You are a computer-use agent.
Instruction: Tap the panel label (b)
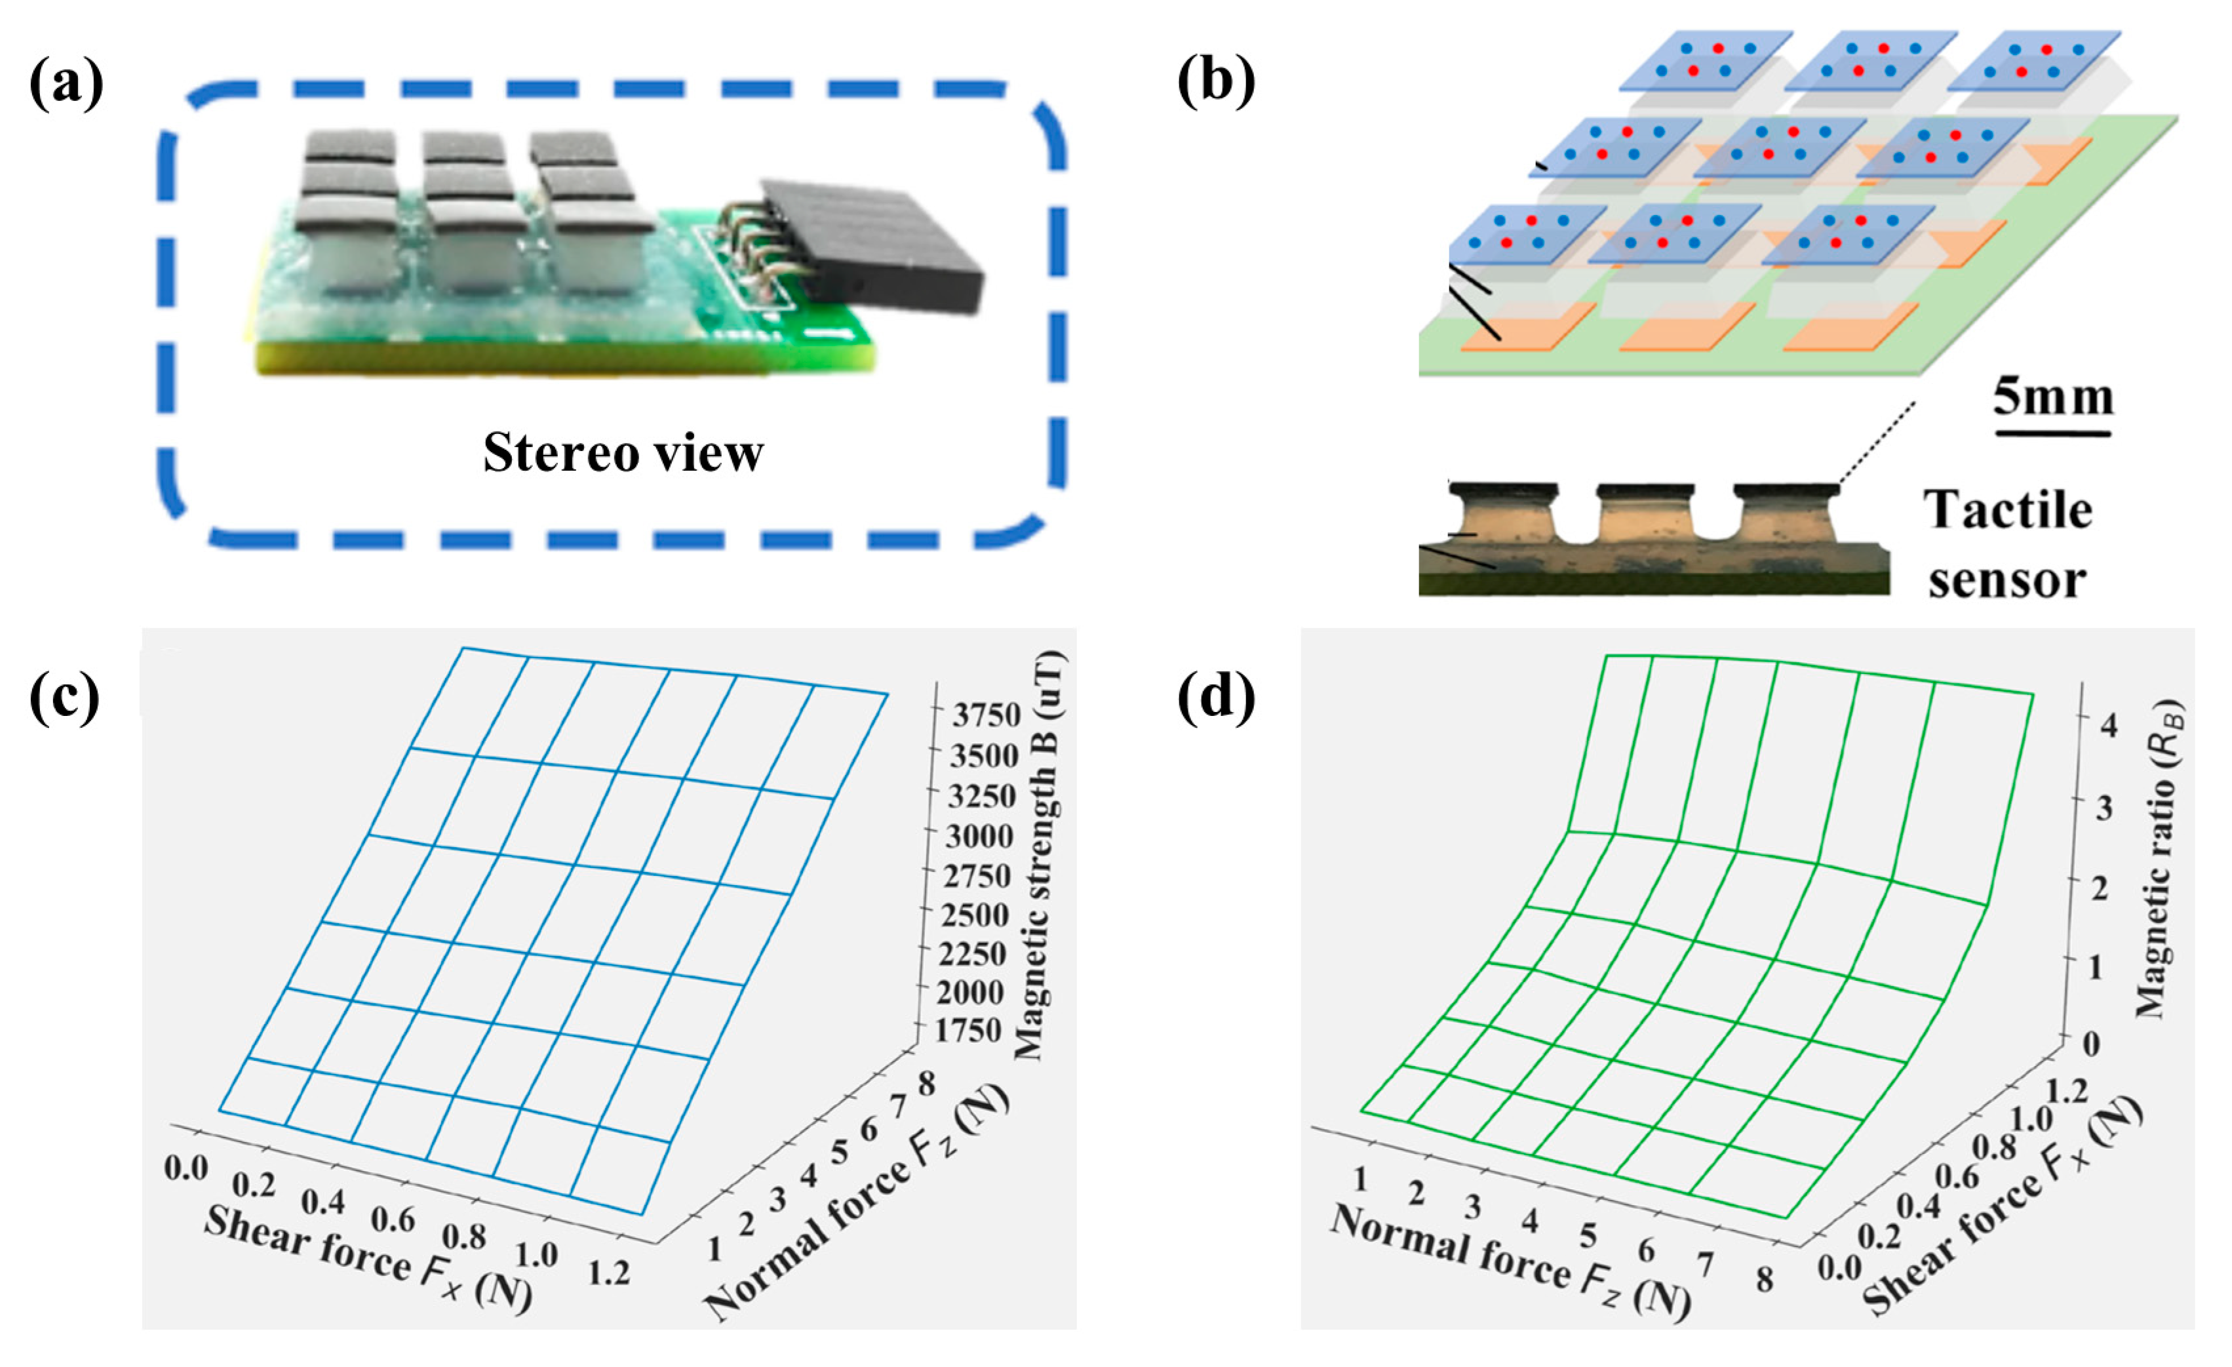click(1216, 84)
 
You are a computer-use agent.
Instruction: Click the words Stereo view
click(623, 453)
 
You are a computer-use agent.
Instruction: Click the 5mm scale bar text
click(2052, 399)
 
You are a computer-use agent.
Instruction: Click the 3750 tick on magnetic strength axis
click(987, 716)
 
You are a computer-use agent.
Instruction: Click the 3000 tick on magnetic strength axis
click(979, 836)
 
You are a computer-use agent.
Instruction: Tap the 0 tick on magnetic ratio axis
click(2090, 1044)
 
